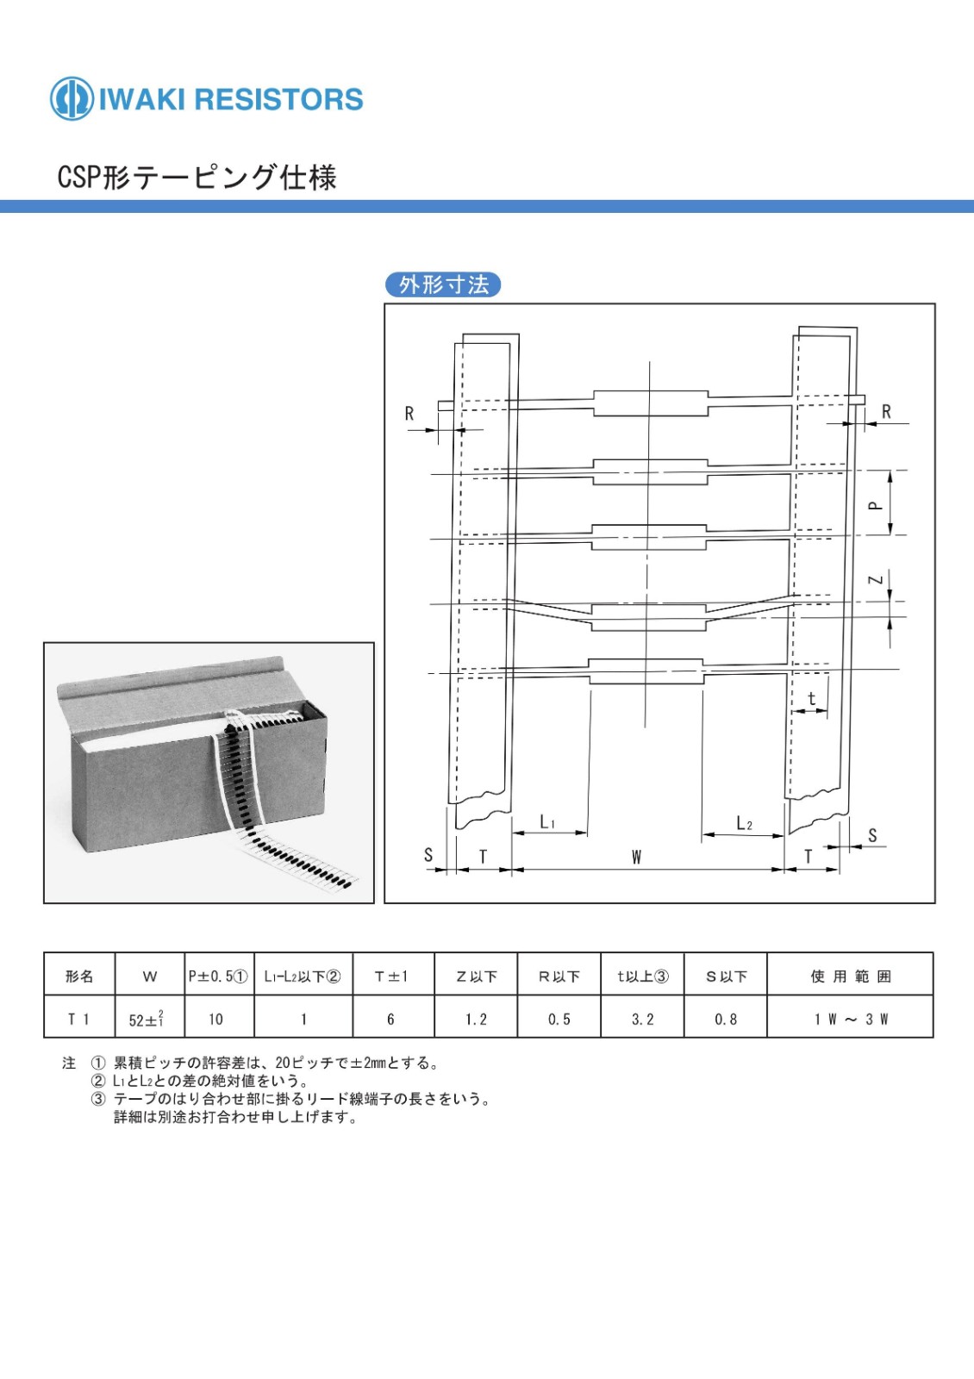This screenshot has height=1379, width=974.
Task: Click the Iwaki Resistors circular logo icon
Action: (x=72, y=98)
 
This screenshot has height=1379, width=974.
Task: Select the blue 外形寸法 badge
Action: (x=443, y=284)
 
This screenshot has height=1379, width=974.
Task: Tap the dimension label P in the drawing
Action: (x=876, y=505)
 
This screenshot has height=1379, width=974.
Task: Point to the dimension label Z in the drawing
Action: (x=876, y=579)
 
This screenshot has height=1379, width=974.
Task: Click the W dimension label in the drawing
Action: (x=637, y=857)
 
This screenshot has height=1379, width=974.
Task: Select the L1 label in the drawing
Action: (x=548, y=822)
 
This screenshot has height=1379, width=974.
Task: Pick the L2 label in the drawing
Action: (x=745, y=823)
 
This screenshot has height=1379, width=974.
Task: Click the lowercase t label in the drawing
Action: (x=811, y=699)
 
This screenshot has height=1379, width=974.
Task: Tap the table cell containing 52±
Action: (x=150, y=1019)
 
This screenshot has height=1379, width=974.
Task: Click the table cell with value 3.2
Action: (x=642, y=1019)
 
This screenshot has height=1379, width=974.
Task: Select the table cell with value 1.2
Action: (x=476, y=1019)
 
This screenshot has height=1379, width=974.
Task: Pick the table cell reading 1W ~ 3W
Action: (x=850, y=1019)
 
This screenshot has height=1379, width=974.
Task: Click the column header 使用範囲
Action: (x=850, y=977)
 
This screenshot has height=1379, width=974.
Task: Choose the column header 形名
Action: (x=79, y=977)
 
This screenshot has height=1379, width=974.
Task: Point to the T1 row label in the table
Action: (x=79, y=1019)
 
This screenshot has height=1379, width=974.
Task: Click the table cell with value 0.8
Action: (x=726, y=1019)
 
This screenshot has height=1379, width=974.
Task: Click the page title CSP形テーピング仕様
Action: (x=197, y=178)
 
